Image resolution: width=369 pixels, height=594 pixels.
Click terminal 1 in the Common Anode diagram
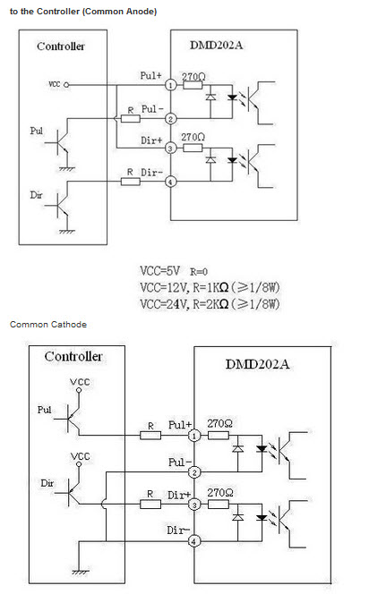click(x=171, y=85)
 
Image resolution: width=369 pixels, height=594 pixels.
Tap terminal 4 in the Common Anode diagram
click(x=171, y=182)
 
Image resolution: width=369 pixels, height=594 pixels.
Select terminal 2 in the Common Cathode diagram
click(x=194, y=472)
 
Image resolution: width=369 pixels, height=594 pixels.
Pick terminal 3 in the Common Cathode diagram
click(x=194, y=505)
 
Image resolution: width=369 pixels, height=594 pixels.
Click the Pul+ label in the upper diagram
click(x=150, y=75)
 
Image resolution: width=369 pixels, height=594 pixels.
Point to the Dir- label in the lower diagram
click(x=178, y=530)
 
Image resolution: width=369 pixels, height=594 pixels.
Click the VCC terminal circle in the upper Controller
click(x=66, y=85)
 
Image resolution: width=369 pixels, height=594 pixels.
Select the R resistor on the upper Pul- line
click(x=131, y=119)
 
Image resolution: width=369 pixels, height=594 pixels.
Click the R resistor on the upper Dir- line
click(x=131, y=182)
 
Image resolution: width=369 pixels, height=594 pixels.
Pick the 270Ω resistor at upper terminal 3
click(x=193, y=148)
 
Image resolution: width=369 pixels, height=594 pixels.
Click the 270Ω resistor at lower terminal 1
click(x=219, y=436)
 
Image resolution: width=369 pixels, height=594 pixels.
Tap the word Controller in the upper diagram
click(x=61, y=47)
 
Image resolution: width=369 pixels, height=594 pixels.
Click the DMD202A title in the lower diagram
click(x=257, y=364)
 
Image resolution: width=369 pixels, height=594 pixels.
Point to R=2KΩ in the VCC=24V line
click(x=210, y=304)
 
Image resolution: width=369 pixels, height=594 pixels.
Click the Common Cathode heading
click(x=48, y=324)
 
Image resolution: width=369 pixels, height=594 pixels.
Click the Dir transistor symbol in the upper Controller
click(x=59, y=207)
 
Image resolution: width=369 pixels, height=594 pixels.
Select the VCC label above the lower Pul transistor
click(x=80, y=382)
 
